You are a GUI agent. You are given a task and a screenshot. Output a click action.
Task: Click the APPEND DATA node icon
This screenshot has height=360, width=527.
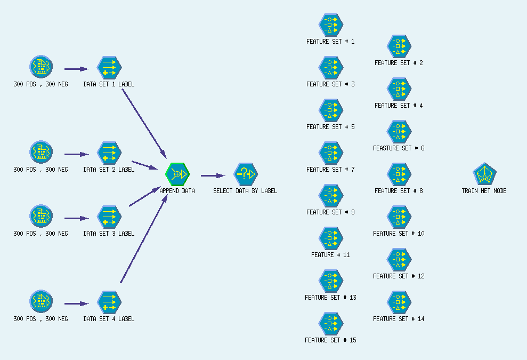tap(177, 174)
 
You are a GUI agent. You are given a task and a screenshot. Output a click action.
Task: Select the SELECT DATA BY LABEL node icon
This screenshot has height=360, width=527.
tap(245, 174)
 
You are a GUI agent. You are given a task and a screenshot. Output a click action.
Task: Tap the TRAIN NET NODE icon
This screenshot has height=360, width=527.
tap(484, 174)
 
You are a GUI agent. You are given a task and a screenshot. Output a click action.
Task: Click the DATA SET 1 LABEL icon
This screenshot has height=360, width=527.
tap(109, 68)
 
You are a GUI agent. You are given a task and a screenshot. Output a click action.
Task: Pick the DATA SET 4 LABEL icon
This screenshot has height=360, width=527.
tap(109, 302)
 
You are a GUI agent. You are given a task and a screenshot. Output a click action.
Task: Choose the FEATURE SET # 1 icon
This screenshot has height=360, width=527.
tap(330, 25)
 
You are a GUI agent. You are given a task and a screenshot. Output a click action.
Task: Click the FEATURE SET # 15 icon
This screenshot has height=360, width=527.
tap(330, 323)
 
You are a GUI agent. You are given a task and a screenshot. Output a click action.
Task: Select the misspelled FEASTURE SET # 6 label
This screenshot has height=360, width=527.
tap(399, 148)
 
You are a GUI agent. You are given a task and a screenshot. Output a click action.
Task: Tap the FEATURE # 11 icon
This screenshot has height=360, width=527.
tap(330, 238)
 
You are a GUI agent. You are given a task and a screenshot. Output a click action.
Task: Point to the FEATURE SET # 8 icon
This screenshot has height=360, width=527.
tap(399, 174)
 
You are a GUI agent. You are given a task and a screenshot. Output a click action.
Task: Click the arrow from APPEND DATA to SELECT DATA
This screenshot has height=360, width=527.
tap(213, 175)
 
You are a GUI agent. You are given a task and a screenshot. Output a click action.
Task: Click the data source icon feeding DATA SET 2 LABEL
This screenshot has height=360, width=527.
tap(40, 153)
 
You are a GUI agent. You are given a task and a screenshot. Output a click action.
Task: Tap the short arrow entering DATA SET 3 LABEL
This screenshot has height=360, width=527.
tap(76, 218)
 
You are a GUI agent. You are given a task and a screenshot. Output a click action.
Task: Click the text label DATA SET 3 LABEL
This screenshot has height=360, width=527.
tap(109, 234)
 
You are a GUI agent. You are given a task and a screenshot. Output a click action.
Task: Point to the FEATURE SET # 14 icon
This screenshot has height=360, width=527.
tap(399, 302)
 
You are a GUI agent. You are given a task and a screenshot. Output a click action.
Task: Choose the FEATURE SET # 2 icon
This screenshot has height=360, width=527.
tap(399, 46)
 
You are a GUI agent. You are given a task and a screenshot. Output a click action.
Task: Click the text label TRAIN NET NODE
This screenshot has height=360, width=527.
tap(484, 191)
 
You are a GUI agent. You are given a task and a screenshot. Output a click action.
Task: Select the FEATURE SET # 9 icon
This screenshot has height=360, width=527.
tap(330, 195)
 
